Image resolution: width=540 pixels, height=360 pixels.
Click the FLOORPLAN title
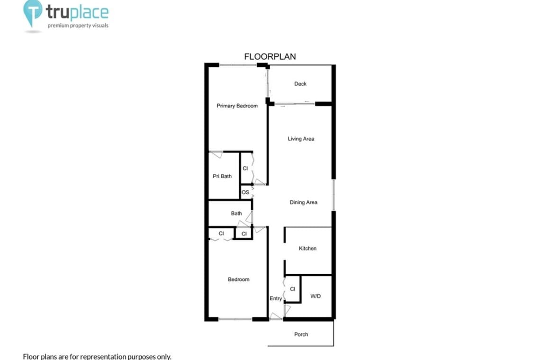point(270,56)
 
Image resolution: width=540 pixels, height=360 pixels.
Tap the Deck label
point(300,84)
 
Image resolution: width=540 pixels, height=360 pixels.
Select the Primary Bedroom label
point(237,106)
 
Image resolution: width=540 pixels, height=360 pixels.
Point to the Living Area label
point(301,139)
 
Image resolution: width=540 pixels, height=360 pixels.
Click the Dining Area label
point(304,202)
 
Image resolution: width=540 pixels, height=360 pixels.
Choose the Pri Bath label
point(222,176)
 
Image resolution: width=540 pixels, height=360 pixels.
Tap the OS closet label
point(245,192)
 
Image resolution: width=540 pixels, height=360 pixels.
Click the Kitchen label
point(307,248)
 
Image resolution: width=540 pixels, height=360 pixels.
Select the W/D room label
point(315,296)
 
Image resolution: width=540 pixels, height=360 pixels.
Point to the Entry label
point(276,298)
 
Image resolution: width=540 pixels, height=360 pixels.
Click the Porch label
point(301,334)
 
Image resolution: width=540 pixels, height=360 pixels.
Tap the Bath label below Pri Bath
point(236,213)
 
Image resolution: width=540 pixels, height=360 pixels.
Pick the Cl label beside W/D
point(292,289)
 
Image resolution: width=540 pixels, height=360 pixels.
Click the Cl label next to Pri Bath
point(245,169)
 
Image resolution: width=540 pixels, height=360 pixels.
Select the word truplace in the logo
point(78,13)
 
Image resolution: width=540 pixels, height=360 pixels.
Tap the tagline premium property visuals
point(78,26)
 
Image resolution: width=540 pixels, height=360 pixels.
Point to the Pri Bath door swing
point(216,154)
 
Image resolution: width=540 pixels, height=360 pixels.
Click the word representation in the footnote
point(104,357)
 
